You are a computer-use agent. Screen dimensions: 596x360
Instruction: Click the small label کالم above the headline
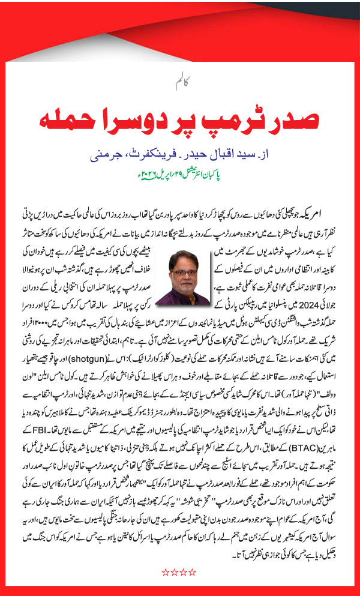[179, 81]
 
